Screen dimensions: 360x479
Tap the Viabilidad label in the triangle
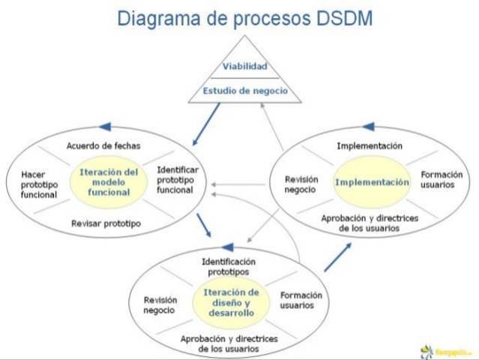coord(244,66)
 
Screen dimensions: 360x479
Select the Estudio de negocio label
coord(243,91)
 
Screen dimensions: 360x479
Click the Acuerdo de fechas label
coord(103,145)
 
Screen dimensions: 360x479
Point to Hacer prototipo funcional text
coord(39,184)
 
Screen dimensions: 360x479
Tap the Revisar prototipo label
coord(106,223)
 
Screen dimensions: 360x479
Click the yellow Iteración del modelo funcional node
coord(109,181)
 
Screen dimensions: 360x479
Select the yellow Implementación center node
coord(372,182)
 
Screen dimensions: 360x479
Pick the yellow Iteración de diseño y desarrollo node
coord(232,301)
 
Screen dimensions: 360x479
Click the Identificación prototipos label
coord(229,266)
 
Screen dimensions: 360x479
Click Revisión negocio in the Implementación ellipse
coord(301,184)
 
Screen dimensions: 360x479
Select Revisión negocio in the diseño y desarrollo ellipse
coord(159,304)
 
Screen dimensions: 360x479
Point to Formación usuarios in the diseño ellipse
coord(301,300)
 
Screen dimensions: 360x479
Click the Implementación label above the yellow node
coord(370,145)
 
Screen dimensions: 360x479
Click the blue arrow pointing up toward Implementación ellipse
coord(337,256)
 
